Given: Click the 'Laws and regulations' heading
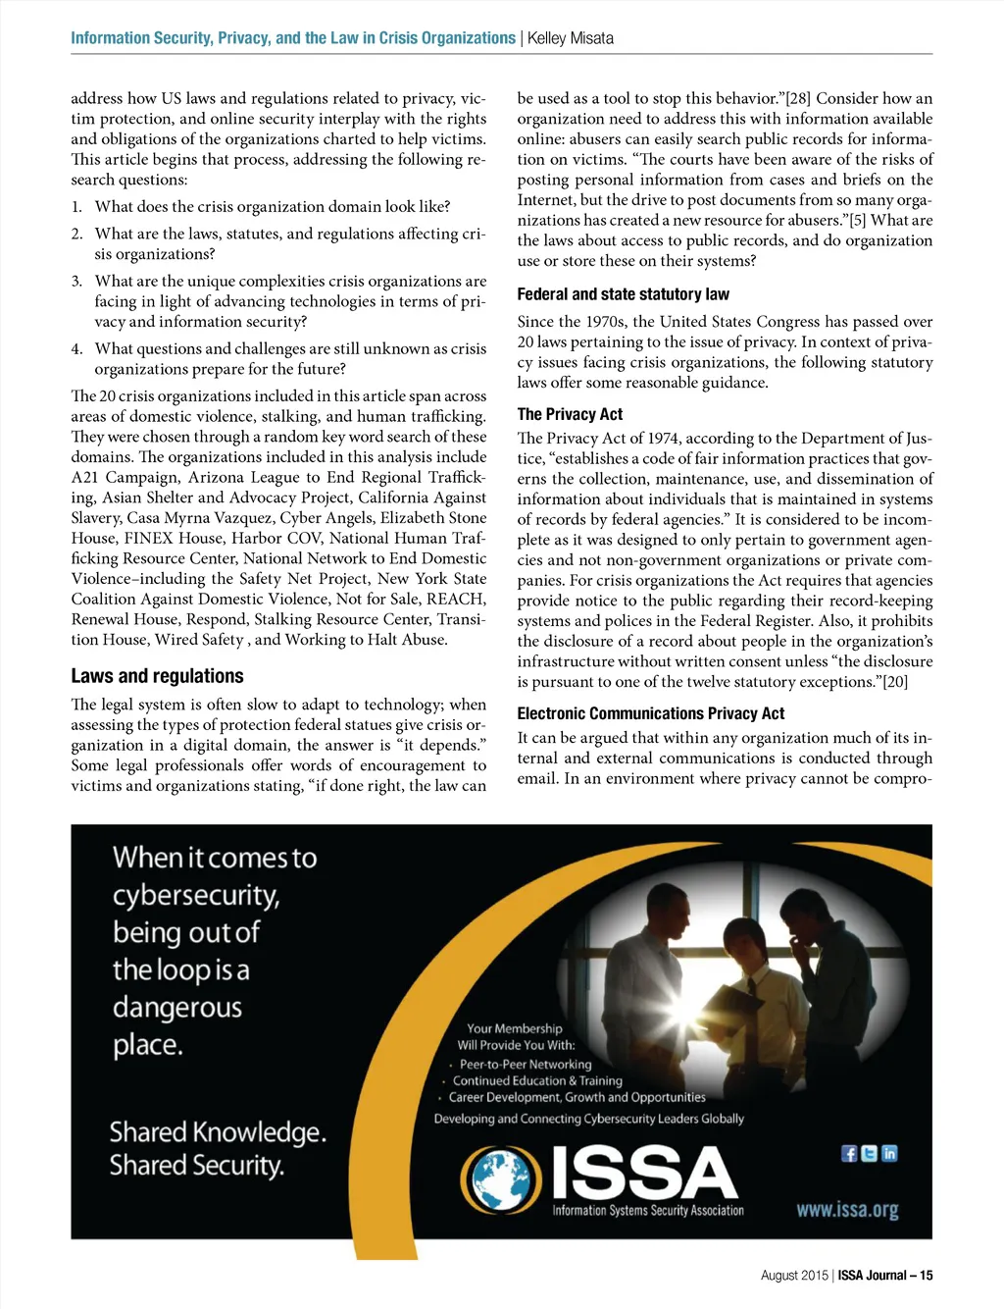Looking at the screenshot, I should click(157, 676).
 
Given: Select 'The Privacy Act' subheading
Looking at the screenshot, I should click(570, 414).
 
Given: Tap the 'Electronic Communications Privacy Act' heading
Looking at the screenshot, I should click(651, 713).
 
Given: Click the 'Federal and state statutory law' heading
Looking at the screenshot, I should click(623, 294).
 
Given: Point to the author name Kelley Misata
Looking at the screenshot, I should click(571, 38).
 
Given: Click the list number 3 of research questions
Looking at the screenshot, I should click(76, 282).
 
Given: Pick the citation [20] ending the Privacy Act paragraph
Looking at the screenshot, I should click(894, 682).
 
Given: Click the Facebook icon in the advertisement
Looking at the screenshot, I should click(849, 1153).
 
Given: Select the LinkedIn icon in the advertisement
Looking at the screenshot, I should click(889, 1153).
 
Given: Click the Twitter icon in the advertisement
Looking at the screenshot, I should click(869, 1153).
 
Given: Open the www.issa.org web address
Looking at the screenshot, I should click(847, 1209).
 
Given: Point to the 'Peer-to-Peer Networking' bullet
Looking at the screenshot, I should click(526, 1064).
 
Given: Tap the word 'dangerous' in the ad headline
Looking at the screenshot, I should click(177, 1007).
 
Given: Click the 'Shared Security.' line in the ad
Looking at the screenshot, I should click(196, 1166).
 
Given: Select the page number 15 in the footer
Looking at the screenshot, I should click(927, 1276).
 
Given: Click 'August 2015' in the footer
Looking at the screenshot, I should click(794, 1276).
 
